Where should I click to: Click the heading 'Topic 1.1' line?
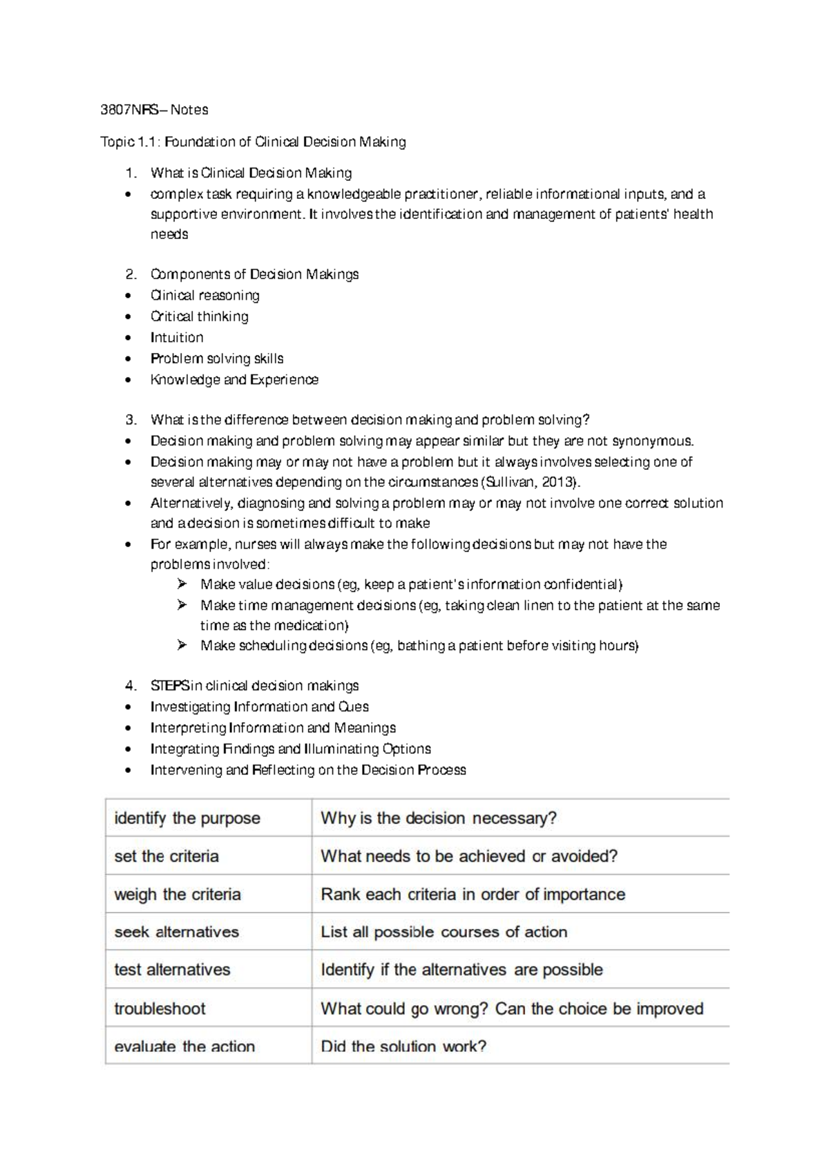coord(253,142)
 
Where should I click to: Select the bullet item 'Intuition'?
coord(177,338)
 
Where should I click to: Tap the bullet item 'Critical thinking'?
coord(199,316)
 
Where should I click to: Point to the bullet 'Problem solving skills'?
coord(217,359)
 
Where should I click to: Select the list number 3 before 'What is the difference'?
coord(131,420)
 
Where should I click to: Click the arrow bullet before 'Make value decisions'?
coord(182,584)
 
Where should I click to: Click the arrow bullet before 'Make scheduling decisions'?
coord(182,645)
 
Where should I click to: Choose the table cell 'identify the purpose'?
coord(187,819)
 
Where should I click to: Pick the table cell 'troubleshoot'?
coord(160,1009)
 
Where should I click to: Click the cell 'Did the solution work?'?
coord(403,1046)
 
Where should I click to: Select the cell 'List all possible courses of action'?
coord(444,932)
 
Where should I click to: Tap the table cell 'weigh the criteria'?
coord(178,895)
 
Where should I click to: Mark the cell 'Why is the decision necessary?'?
coord(439,819)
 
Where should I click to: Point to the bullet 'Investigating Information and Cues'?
coord(259,707)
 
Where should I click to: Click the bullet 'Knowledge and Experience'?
coord(234,380)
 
